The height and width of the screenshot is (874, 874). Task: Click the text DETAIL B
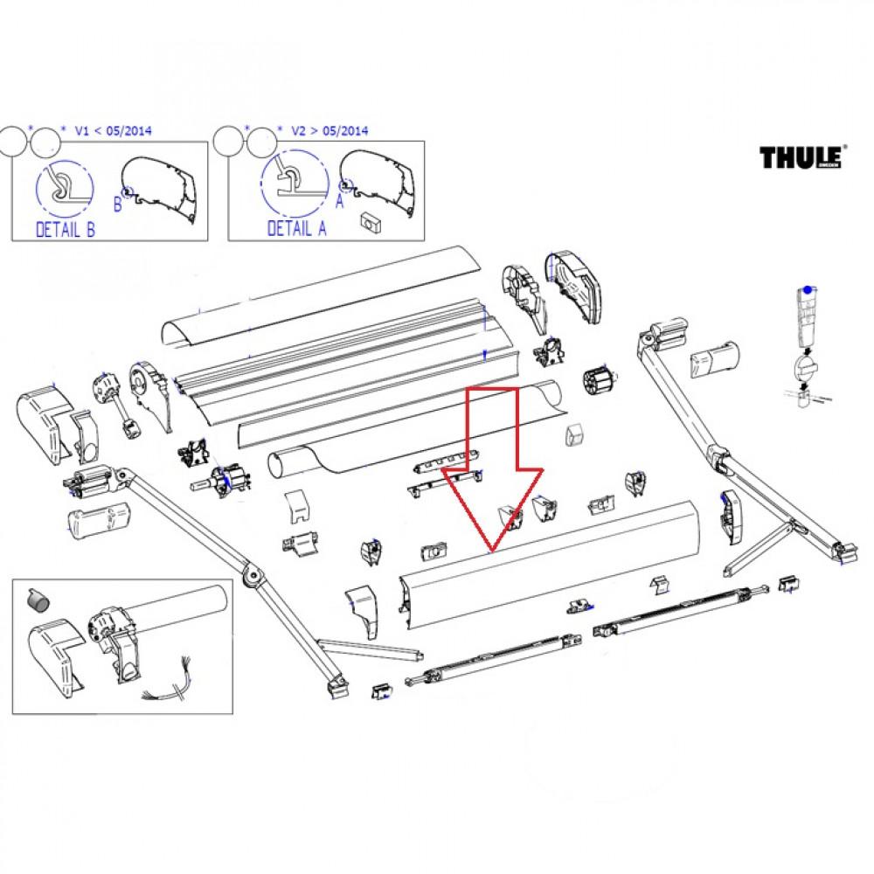pos(66,230)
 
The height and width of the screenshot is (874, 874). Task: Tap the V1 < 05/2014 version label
pos(114,131)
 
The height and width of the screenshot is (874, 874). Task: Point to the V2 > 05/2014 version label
pos(329,131)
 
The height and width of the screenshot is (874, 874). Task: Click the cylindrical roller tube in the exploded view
pos(411,428)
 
